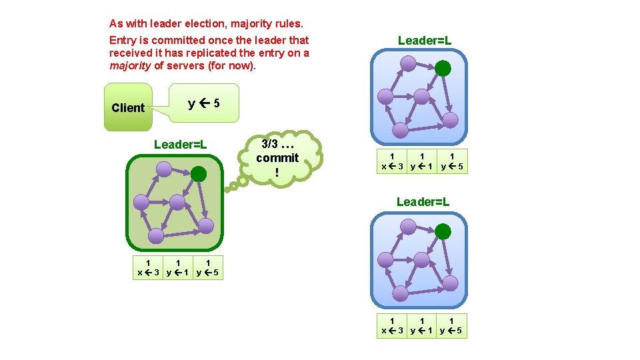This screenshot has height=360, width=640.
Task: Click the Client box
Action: (128, 107)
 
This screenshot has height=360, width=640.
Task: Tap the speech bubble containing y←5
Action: (204, 103)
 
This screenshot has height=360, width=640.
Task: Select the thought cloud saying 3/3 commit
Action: (277, 158)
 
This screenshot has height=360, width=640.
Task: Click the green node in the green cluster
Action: (199, 174)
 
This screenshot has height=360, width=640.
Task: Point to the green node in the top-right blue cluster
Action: (442, 67)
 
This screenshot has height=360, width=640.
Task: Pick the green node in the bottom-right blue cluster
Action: (443, 231)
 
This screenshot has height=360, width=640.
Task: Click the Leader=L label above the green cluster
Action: (180, 145)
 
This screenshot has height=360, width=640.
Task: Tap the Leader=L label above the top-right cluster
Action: (425, 41)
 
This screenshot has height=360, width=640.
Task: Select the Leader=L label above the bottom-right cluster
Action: (423, 201)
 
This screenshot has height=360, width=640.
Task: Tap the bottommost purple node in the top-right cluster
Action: (399, 129)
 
